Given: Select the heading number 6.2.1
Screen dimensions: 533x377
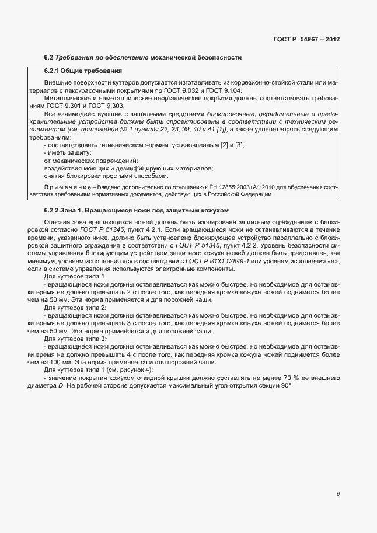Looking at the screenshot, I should [54, 71].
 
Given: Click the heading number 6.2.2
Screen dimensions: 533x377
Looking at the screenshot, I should [54, 210].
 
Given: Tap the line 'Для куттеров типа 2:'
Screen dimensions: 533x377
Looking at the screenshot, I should [75, 307].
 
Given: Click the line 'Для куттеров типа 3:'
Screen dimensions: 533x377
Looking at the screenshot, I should [75, 339].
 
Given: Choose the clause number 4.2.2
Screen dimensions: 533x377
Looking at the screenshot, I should [233, 245].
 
